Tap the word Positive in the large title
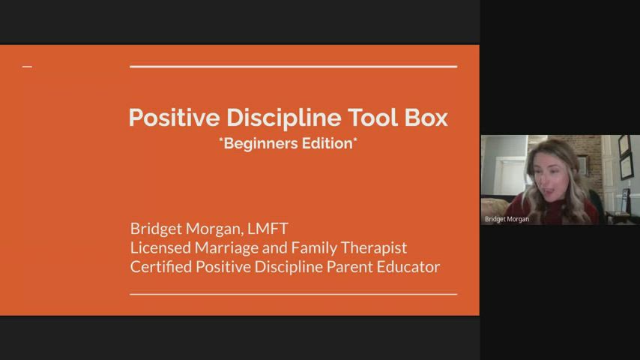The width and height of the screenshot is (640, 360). pyautogui.click(x=174, y=118)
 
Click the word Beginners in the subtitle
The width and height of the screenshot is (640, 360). pyautogui.click(x=259, y=143)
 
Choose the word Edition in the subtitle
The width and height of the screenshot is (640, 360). pyautogui.click(x=326, y=143)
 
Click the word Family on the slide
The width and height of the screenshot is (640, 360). pyautogui.click(x=305, y=248)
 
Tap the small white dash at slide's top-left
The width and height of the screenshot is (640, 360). pyautogui.click(x=27, y=67)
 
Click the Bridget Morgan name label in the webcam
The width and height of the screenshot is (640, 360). pyautogui.click(x=507, y=219)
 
